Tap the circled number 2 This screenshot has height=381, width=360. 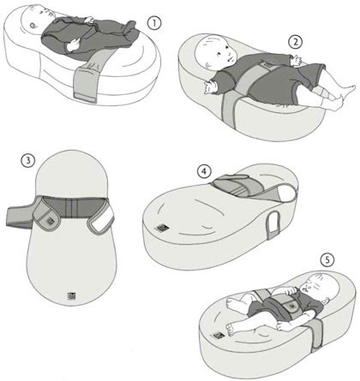click(x=295, y=41)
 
